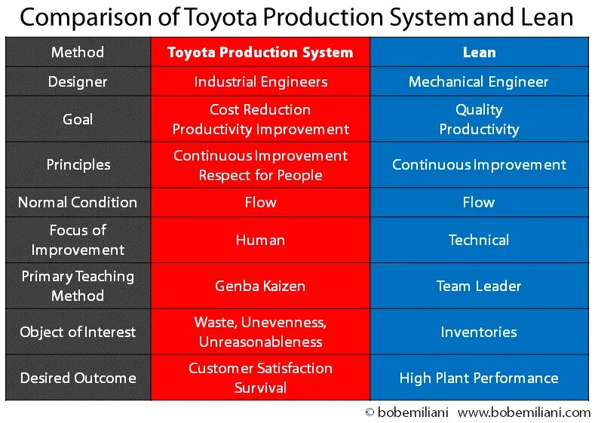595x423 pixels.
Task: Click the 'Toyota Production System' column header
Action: tap(260, 52)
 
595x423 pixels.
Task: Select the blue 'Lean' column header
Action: tap(479, 52)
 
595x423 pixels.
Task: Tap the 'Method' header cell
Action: tap(78, 52)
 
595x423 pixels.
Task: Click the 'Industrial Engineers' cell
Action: tap(260, 81)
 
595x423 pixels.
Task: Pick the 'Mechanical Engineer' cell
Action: tap(479, 81)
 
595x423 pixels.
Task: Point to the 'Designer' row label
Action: tap(78, 81)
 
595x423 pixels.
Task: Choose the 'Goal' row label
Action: tap(78, 119)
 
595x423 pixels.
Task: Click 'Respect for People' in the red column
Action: tap(260, 175)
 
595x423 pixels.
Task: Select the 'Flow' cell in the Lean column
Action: tap(479, 202)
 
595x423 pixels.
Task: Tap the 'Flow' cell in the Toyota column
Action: tap(260, 202)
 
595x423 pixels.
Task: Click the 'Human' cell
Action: tap(260, 240)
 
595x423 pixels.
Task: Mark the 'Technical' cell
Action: tap(479, 240)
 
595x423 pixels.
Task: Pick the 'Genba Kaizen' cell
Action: tap(260, 286)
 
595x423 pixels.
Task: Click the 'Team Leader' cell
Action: tap(479, 286)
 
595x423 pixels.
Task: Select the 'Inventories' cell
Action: tap(479, 332)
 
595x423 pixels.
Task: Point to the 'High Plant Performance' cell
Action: tap(479, 378)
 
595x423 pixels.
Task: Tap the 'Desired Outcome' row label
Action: tap(78, 378)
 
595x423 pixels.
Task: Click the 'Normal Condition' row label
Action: tap(78, 202)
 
